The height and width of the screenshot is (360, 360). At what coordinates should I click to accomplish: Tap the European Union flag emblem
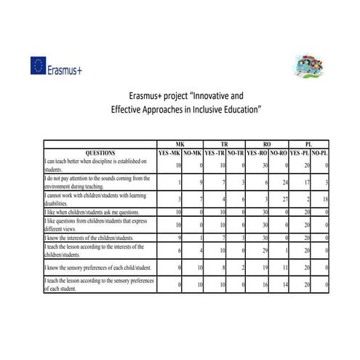pos(39,67)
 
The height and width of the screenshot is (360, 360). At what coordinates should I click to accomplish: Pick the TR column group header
pos(224,145)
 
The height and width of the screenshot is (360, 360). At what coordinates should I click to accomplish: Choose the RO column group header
pos(267,145)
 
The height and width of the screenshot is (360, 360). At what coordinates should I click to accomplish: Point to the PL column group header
pos(310,145)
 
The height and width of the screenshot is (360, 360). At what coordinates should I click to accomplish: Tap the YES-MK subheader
pos(169,153)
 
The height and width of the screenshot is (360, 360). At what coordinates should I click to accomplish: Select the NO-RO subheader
pos(278,153)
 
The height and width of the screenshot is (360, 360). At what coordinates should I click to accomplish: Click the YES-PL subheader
pos(299,153)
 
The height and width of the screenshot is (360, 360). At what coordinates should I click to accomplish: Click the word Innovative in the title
pos(219,95)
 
